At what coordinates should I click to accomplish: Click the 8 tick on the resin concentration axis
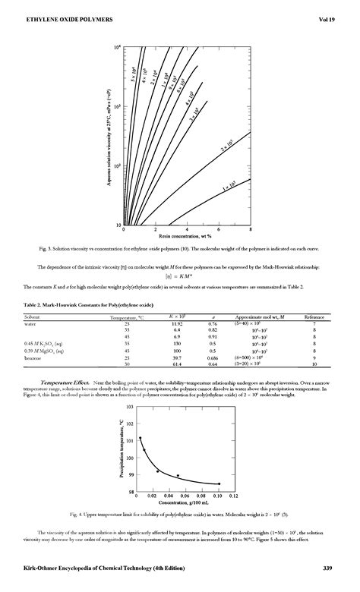tap(251, 229)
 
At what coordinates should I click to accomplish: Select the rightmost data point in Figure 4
tap(219, 483)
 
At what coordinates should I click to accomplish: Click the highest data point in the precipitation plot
tap(140, 438)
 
